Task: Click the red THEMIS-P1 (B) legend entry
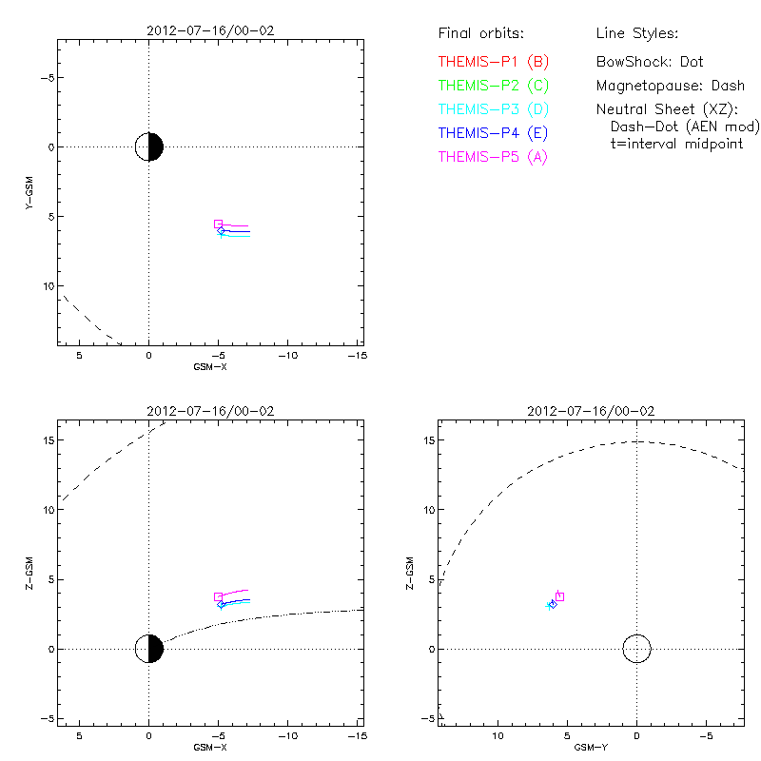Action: click(493, 62)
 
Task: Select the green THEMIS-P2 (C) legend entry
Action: click(493, 86)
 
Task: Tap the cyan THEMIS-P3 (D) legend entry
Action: click(493, 109)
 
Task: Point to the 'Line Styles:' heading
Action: click(636, 34)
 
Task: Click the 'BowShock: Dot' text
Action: click(650, 62)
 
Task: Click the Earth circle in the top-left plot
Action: click(149, 147)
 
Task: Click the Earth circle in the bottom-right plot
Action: click(636, 649)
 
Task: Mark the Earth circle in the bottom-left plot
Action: click(149, 649)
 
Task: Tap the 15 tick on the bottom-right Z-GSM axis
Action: click(429, 439)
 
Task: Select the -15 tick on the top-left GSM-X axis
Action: click(355, 355)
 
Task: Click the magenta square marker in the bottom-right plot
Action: click(559, 596)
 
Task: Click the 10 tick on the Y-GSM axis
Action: click(44, 286)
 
